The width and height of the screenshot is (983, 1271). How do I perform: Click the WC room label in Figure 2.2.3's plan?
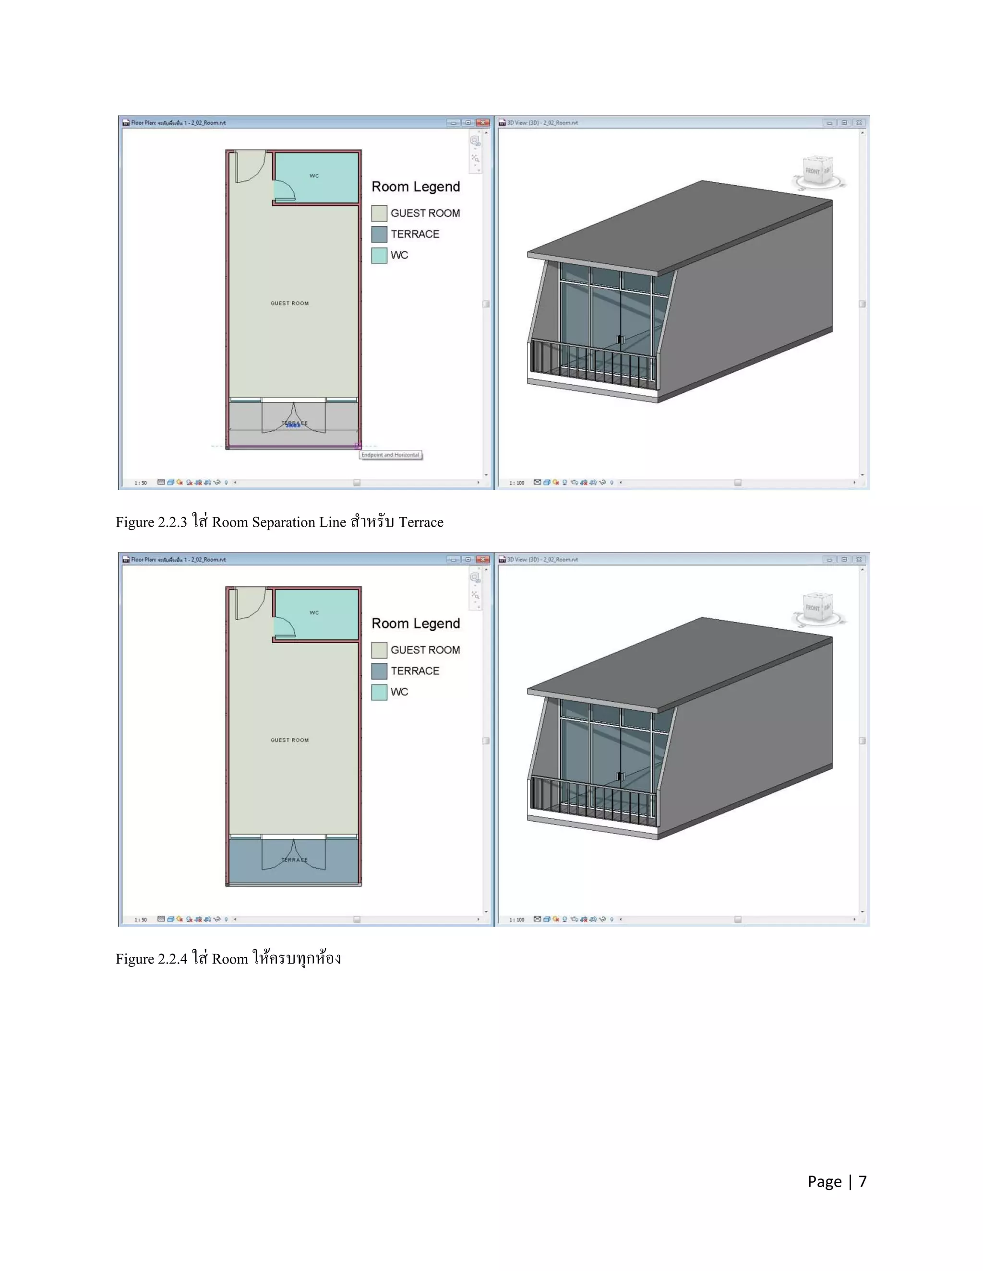pos(314,176)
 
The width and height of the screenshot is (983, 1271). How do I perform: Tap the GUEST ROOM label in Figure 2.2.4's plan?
pos(289,740)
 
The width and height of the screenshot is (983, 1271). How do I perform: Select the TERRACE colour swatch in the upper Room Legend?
pos(379,234)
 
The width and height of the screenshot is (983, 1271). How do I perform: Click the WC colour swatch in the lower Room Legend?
pos(379,692)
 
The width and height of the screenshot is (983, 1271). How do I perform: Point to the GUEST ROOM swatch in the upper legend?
pos(379,213)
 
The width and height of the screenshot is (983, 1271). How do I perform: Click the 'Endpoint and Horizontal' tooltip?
pos(390,455)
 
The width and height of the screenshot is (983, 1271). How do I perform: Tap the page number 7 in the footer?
pos(863,1181)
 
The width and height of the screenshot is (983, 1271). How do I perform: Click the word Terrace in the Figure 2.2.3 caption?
pos(420,522)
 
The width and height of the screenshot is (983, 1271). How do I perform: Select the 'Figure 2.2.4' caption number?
pos(151,959)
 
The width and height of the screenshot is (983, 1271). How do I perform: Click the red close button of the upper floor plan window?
pos(482,123)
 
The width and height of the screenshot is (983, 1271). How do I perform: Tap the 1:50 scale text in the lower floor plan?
pos(140,920)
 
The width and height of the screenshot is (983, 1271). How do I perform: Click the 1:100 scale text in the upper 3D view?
pos(516,483)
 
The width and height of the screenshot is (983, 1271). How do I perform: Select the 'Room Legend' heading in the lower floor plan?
pos(416,624)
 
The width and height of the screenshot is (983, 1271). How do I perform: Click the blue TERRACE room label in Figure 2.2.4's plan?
pos(294,859)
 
